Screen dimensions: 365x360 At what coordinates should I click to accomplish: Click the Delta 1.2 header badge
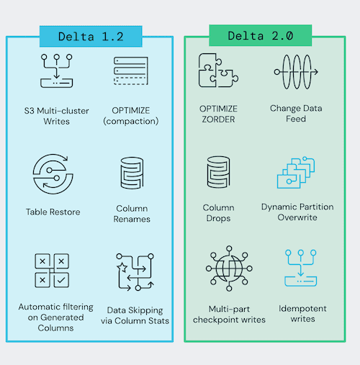click(90, 36)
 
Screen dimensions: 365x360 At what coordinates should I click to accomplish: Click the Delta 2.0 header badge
click(260, 36)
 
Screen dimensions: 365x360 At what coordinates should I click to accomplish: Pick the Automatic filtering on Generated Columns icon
click(51, 269)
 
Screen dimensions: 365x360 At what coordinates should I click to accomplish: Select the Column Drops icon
click(217, 172)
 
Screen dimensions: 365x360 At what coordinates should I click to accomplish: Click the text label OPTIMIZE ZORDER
click(218, 113)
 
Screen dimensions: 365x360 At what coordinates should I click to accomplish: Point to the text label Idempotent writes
click(302, 314)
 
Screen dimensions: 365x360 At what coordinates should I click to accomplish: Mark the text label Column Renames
click(130, 213)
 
